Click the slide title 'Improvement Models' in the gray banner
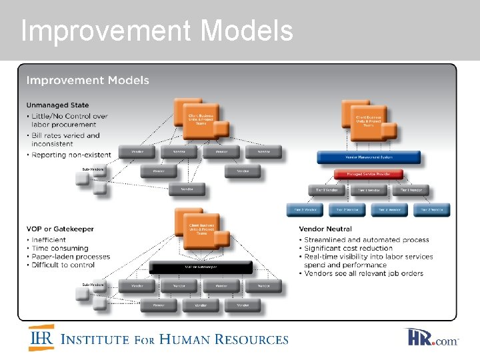click(x=157, y=31)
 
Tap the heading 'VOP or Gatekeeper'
click(x=60, y=229)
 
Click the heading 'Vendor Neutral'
click(x=326, y=229)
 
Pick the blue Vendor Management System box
click(x=369, y=157)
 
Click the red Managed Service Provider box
click(x=369, y=175)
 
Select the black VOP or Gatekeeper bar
click(x=201, y=267)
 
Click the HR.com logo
click(x=432, y=338)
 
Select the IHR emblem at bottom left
click(x=41, y=338)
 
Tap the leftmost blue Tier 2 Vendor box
click(x=305, y=209)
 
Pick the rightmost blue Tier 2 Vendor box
click(x=432, y=209)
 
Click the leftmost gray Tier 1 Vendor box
click(x=327, y=191)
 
